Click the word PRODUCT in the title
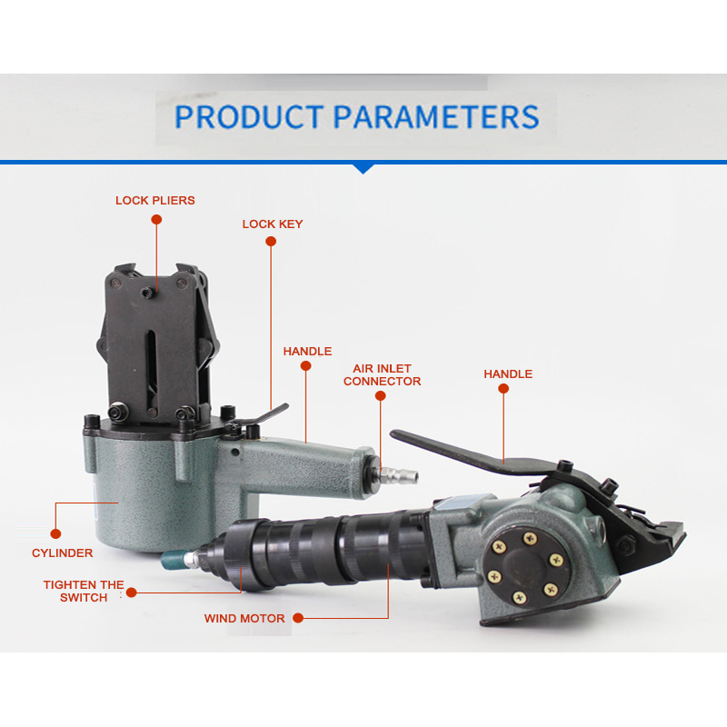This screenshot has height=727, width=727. (x=249, y=116)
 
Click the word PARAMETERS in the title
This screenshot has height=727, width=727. (x=436, y=116)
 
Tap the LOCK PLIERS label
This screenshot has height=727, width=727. (x=155, y=200)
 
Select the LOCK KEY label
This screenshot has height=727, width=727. (x=273, y=224)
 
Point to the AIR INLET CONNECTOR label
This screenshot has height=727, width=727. (x=382, y=374)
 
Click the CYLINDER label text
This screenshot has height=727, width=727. (x=62, y=553)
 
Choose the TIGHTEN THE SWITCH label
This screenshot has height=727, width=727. (x=84, y=592)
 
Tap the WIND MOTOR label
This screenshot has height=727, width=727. (x=244, y=618)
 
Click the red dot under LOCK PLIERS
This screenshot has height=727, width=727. (x=156, y=220)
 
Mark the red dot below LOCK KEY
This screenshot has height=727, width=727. (x=271, y=241)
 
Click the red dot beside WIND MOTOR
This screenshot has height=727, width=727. (x=298, y=618)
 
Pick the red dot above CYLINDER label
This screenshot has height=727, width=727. (x=55, y=533)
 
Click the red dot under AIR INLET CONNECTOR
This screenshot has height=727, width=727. (x=380, y=395)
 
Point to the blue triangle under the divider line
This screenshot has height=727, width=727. (x=363, y=169)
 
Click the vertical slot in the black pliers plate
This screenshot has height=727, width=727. (x=152, y=367)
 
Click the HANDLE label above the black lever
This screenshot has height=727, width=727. (x=508, y=373)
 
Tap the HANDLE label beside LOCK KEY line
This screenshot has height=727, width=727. (x=307, y=351)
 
